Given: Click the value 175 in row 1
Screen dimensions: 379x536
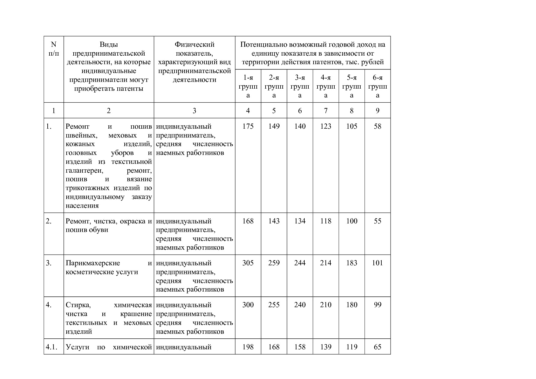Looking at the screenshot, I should (248, 127).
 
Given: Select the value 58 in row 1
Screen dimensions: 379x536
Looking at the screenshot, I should (377, 127).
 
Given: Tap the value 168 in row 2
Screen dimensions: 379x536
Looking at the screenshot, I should (248, 221).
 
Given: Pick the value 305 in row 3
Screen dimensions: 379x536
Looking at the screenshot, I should (248, 263).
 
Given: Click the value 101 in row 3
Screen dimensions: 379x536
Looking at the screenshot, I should (377, 263).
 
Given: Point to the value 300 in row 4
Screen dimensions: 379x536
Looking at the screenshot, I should (248, 305).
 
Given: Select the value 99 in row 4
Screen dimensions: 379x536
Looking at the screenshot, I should (377, 305).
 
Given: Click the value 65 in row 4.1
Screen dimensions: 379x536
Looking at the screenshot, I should (377, 347).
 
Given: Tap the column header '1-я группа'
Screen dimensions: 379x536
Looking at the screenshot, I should (248, 86).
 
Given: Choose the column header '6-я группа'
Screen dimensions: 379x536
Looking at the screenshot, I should (377, 86).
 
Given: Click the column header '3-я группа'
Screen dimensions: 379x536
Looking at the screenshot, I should (300, 86).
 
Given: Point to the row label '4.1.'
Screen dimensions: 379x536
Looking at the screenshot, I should (52, 347).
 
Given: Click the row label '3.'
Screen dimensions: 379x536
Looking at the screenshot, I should (49, 263).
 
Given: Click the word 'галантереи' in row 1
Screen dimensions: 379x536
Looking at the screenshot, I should (84, 171).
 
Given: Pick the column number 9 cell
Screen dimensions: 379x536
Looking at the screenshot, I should (377, 111).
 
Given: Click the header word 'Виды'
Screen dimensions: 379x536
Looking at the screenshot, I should (108, 45).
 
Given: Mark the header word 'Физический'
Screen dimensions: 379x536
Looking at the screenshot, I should (194, 45).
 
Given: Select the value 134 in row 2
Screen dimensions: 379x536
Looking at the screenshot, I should (300, 221).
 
